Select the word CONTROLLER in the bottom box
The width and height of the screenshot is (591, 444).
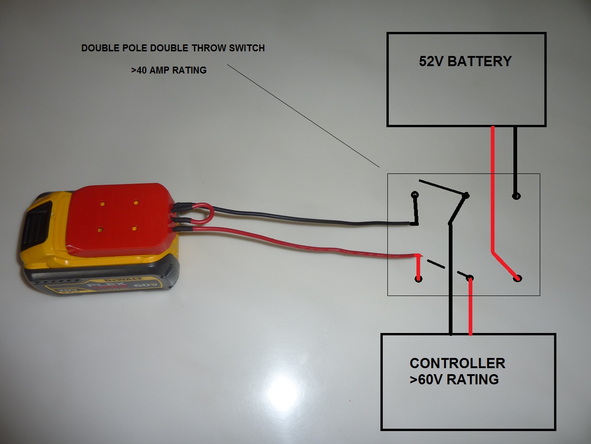457,363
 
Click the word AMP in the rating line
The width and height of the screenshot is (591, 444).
161,70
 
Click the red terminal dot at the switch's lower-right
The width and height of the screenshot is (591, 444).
517,278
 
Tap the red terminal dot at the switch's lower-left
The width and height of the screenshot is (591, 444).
418,279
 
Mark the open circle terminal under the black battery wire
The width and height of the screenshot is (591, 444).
516,196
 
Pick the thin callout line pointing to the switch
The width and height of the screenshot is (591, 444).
300,116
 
